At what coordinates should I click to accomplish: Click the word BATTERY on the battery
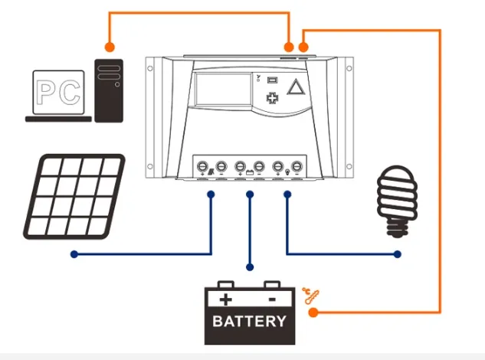pos(249,321)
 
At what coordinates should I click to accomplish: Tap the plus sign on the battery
pos(225,299)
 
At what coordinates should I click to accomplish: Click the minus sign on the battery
pos(272,299)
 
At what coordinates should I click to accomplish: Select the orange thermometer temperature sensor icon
pos(310,296)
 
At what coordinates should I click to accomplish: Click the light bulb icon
pos(398,201)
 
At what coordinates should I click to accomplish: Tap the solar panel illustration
pos(74,197)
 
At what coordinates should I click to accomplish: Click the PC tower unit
pos(109,90)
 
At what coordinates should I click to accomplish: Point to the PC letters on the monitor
pos(58,92)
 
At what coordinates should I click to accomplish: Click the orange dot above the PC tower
pos(110,47)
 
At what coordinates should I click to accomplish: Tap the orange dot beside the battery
pos(313,313)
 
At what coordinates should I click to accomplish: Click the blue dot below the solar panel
pos(74,254)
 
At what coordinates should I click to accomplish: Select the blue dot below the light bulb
pos(398,254)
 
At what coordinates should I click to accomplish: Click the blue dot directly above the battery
pos(250,267)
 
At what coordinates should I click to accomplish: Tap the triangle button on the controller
pos(296,87)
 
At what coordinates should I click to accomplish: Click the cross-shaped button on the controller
pos(273,98)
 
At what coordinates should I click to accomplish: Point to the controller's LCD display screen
pos(223,89)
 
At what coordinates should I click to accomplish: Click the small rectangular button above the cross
pos(272,80)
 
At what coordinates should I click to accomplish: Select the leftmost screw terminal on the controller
pos(202,167)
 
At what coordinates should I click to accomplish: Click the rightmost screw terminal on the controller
pos(297,167)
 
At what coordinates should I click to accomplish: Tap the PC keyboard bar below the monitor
pos(58,119)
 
